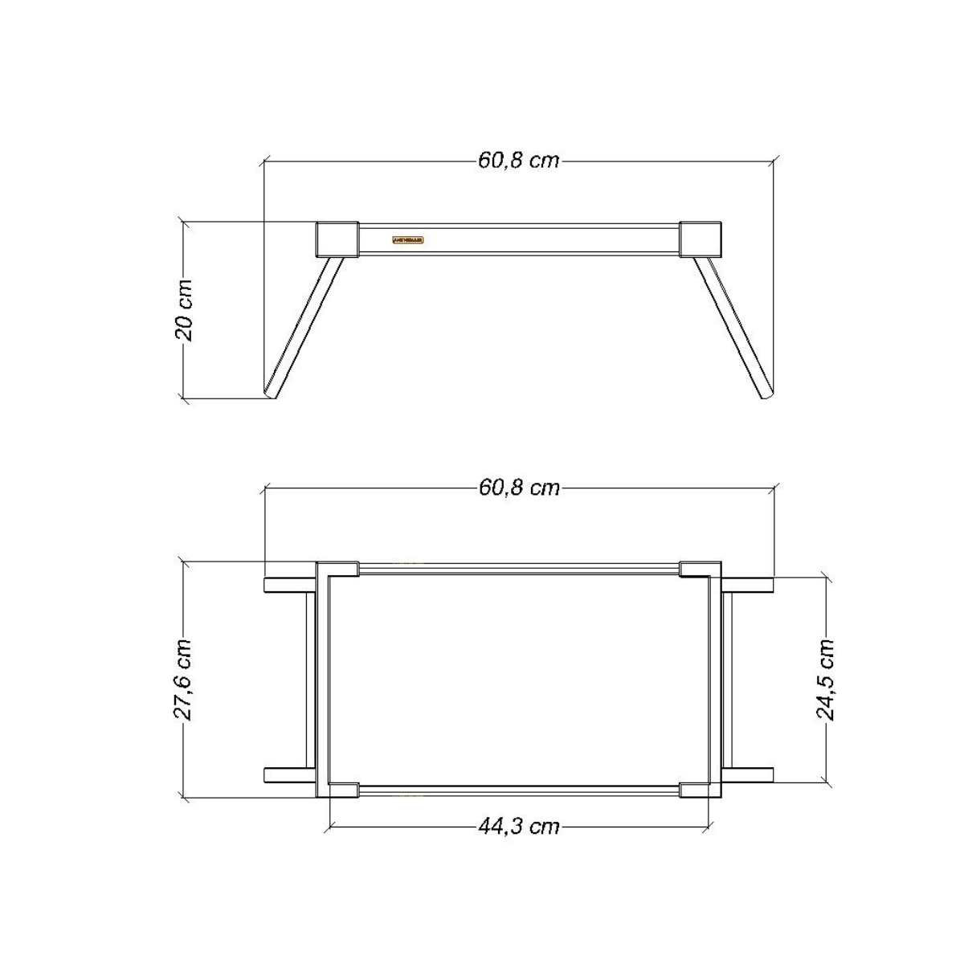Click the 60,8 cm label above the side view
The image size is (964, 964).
518,160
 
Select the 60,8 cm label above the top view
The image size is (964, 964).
518,488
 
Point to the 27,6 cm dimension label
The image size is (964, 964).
184,680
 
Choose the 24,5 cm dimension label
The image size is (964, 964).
825,680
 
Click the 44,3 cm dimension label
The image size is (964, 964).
518,826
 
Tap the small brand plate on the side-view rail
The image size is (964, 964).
409,239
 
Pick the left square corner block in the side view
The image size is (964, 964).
337,239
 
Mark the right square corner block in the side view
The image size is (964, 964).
701,239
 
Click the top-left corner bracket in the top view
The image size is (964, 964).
338,570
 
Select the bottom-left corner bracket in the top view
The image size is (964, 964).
338,789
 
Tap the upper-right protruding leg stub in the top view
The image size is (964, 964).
748,585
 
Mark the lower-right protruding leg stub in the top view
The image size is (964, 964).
748,774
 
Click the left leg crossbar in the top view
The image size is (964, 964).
311,680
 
